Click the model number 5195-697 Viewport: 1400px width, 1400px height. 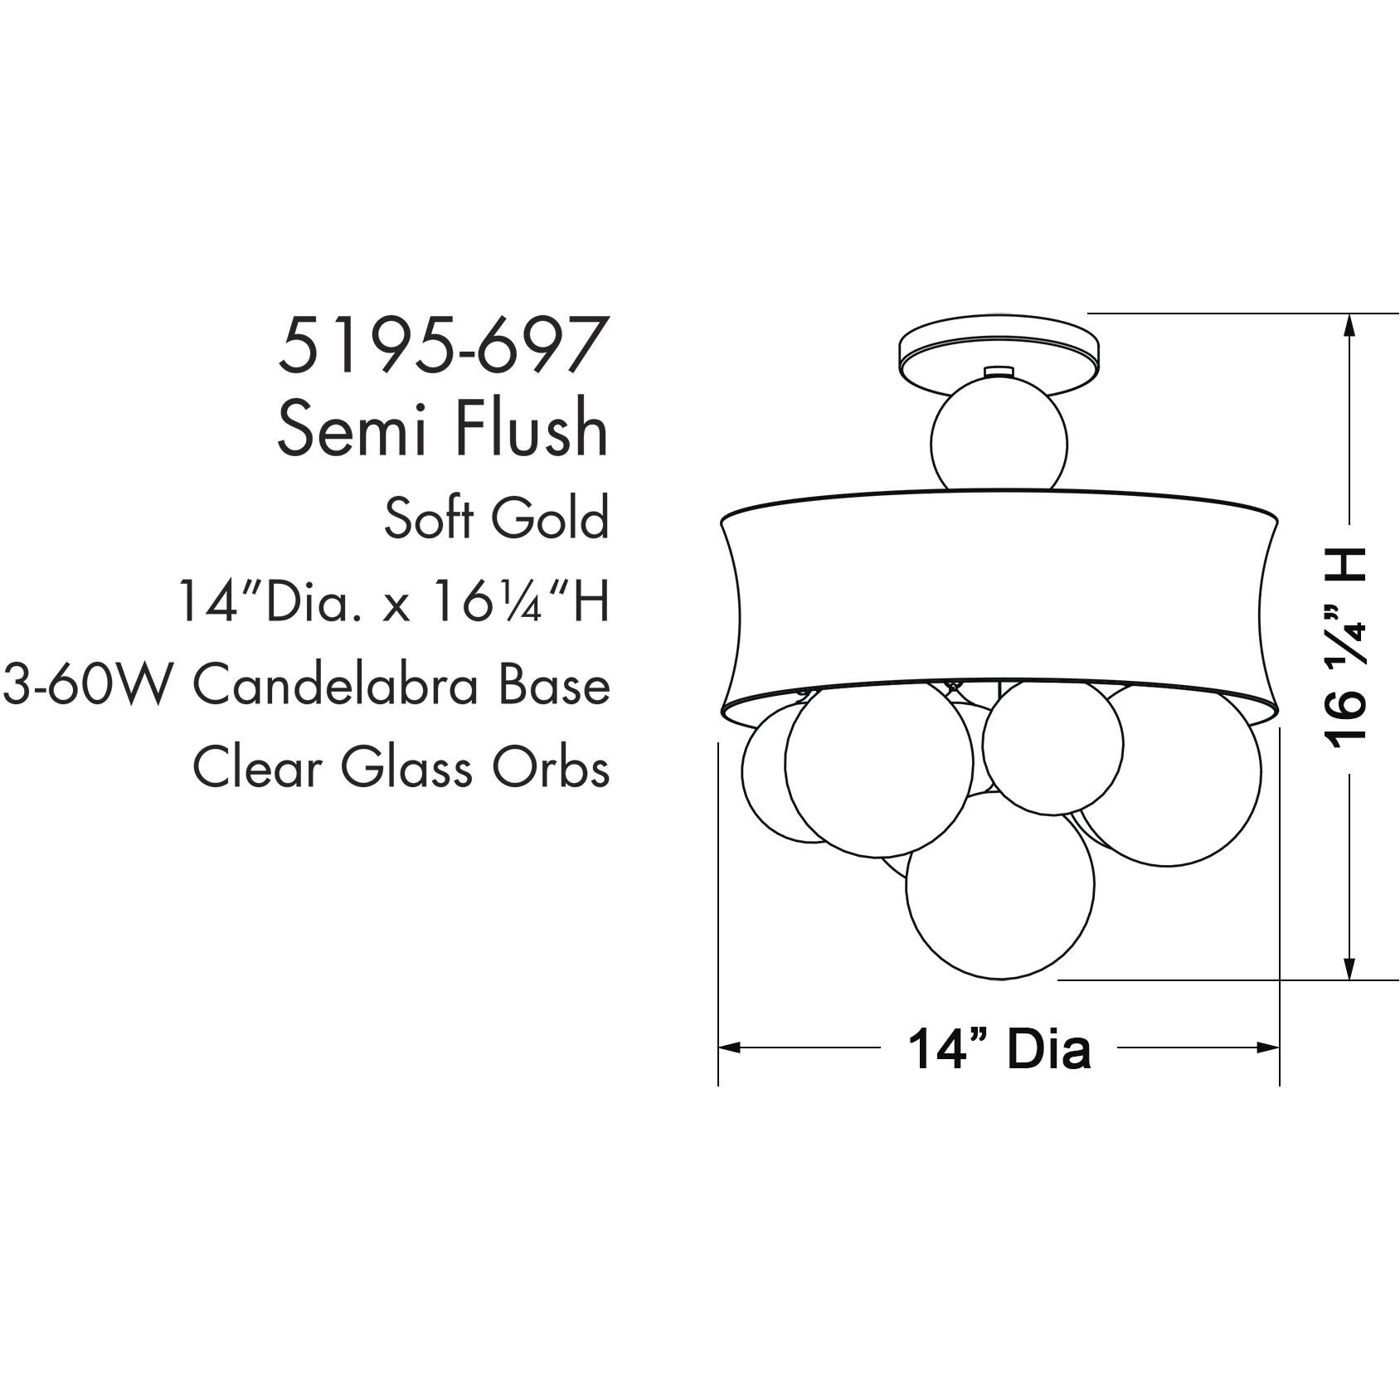[439, 345]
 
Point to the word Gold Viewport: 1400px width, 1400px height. [549, 519]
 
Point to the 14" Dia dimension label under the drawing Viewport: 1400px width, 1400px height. [999, 1048]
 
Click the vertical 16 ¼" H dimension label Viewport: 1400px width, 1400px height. [1346, 647]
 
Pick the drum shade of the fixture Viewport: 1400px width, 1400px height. [999, 597]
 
